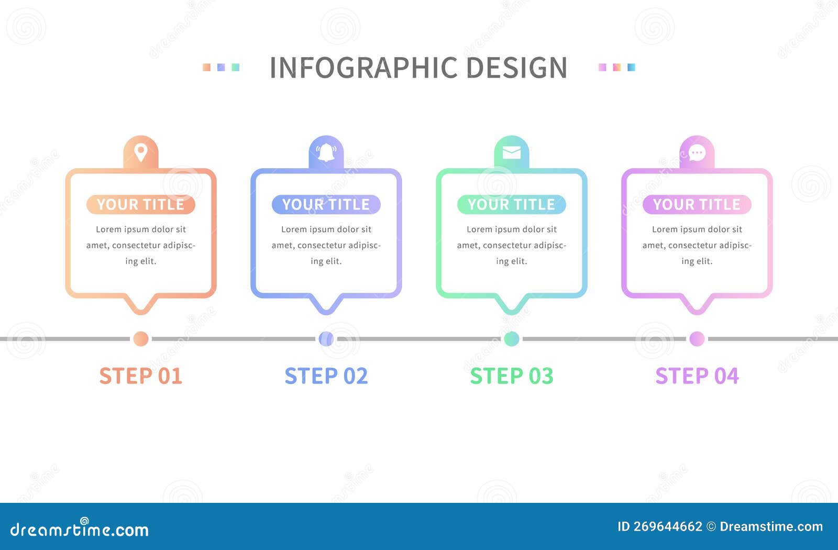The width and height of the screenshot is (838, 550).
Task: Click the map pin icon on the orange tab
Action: pyautogui.click(x=140, y=152)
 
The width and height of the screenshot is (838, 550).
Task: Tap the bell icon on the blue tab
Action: pyautogui.click(x=326, y=152)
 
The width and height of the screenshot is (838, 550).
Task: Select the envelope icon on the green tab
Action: pyautogui.click(x=511, y=152)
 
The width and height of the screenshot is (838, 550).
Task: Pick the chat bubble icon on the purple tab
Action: pyautogui.click(x=697, y=153)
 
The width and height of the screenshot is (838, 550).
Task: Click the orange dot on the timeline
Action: pyautogui.click(x=140, y=339)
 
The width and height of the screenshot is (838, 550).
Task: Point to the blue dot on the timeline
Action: pyautogui.click(x=326, y=339)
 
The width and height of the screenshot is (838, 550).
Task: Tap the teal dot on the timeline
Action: pyautogui.click(x=511, y=339)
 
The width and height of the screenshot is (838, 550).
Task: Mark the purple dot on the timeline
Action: pyautogui.click(x=697, y=339)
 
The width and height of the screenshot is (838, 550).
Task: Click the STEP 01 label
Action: pyautogui.click(x=140, y=376)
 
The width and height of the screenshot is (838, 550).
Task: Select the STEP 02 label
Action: pyautogui.click(x=326, y=376)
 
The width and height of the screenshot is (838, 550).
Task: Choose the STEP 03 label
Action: pyautogui.click(x=511, y=376)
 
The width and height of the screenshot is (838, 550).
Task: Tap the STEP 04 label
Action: pyautogui.click(x=697, y=376)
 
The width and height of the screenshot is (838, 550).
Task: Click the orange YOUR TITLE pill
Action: pyautogui.click(x=140, y=204)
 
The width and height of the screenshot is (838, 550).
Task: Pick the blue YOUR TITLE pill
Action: pyautogui.click(x=326, y=204)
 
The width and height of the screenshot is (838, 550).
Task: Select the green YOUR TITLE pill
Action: pyautogui.click(x=511, y=204)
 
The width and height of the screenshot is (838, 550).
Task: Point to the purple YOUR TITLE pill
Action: pyautogui.click(x=697, y=204)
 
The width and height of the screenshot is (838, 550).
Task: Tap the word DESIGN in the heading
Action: pyautogui.click(x=516, y=68)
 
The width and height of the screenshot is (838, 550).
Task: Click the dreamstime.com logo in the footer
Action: pyautogui.click(x=79, y=529)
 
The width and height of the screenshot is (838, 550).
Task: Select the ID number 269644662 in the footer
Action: pyautogui.click(x=667, y=527)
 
